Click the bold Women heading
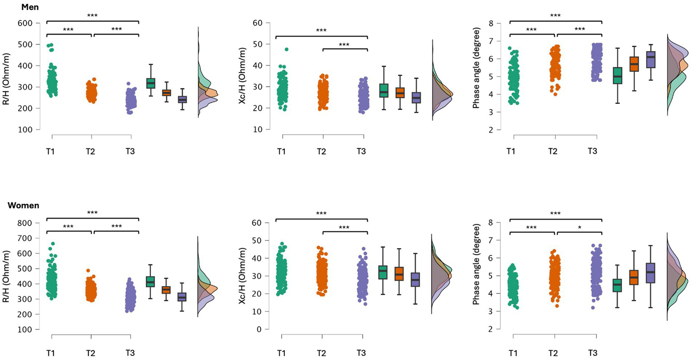pyautogui.click(x=23, y=206)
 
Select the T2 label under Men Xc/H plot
pyautogui.click(x=321, y=151)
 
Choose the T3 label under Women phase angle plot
pyautogui.click(x=592, y=353)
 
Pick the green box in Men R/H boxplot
pyautogui.click(x=150, y=83)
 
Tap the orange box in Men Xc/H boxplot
pyautogui.click(x=400, y=92)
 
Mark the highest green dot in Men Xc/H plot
pyautogui.click(x=286, y=49)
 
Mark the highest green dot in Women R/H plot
pyautogui.click(x=53, y=244)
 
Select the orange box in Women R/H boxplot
pyautogui.click(x=166, y=290)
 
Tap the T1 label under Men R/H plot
pyautogui.click(x=50, y=151)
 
